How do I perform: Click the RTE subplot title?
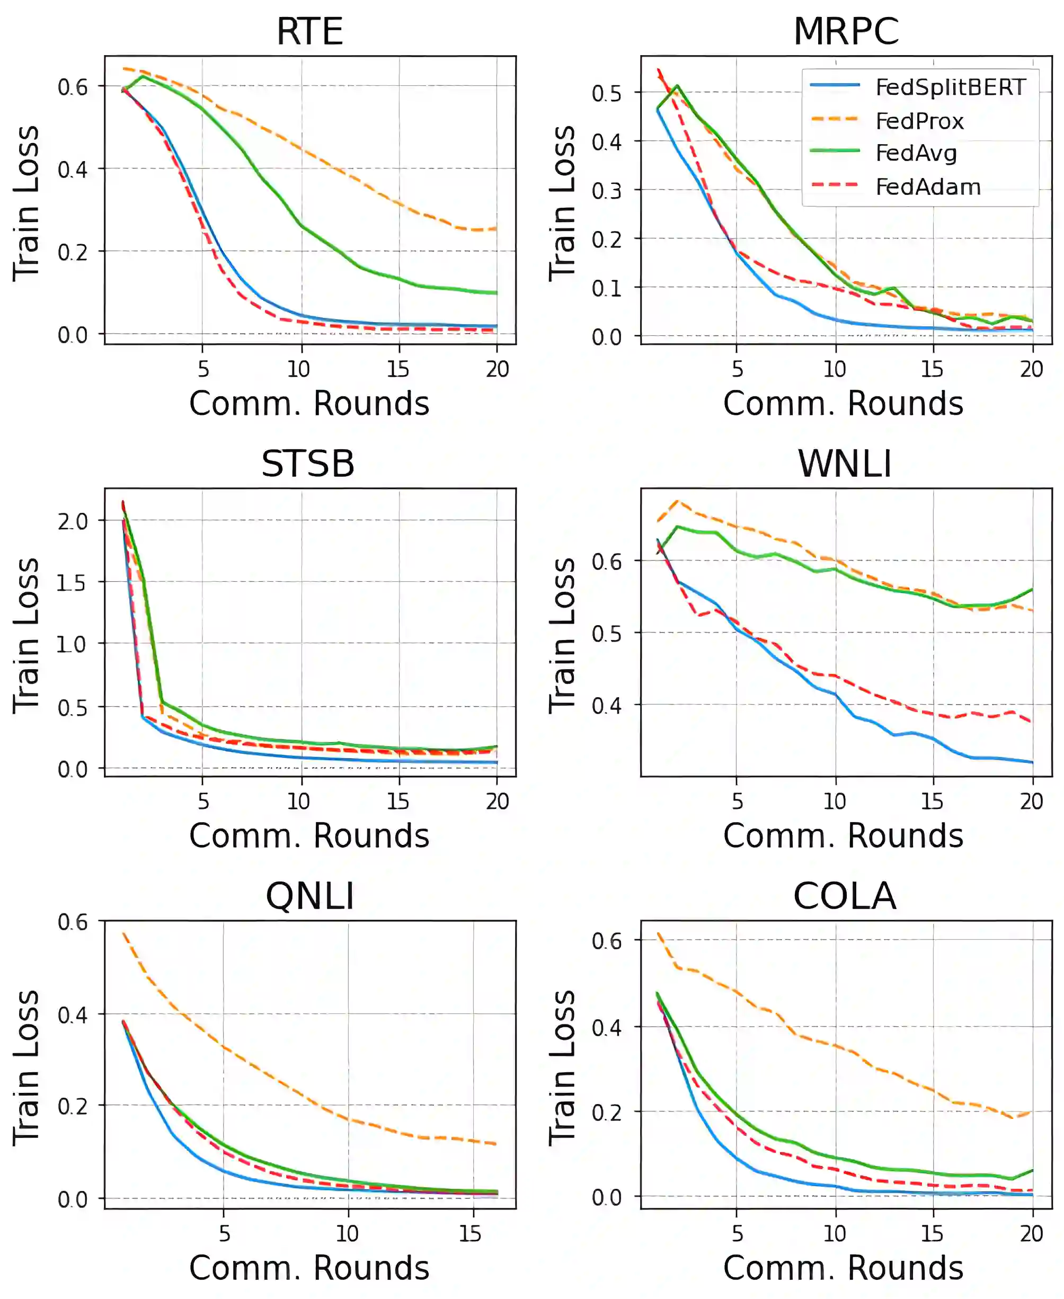309,31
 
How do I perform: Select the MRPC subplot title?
846,31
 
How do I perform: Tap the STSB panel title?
308,464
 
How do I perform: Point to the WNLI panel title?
845,464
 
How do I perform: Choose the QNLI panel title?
309,896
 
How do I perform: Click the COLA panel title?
845,896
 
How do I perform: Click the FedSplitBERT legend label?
950,87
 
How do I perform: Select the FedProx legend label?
919,121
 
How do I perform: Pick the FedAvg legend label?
916,153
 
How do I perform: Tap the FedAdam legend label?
928,187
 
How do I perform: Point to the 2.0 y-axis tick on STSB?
72,521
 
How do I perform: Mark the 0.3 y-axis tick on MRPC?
607,191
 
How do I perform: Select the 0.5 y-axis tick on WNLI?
607,634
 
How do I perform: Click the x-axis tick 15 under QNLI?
470,1233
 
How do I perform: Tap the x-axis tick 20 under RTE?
497,369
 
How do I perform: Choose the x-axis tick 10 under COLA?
834,1233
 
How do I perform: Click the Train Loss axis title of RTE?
27,203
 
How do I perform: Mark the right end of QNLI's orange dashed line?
495,1143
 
